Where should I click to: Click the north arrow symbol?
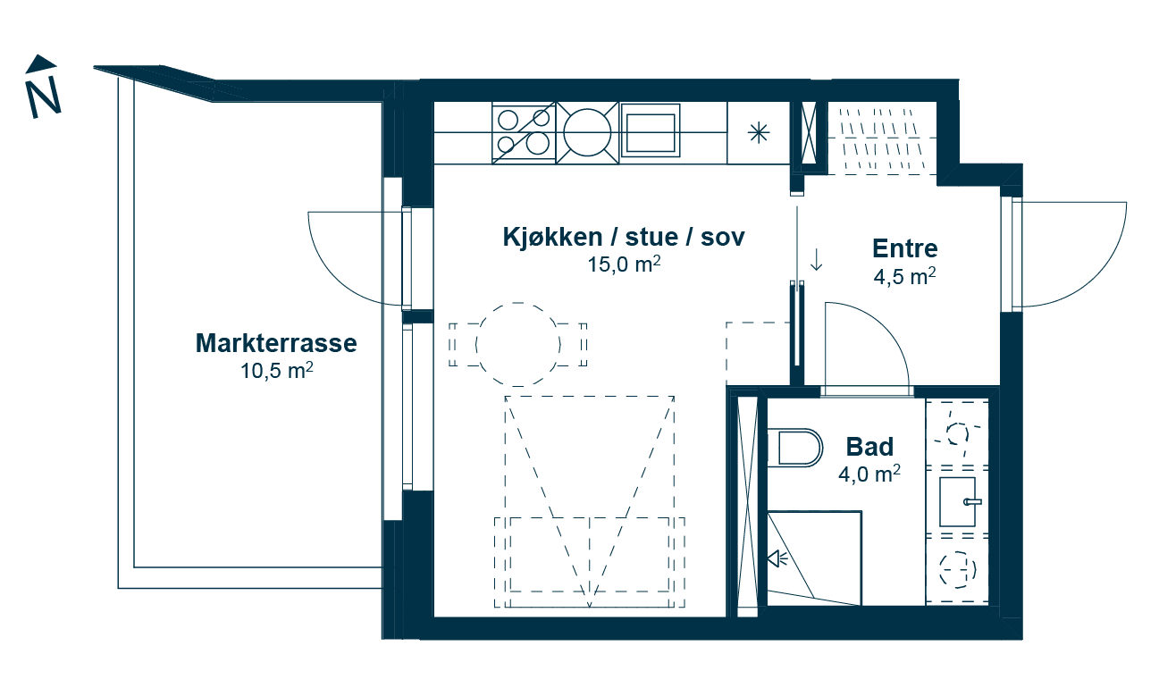coord(43,88)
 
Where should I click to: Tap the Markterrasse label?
coord(276,343)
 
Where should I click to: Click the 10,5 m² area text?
coord(276,370)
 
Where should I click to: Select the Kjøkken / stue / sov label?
coord(624,238)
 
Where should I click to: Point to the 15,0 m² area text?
coord(624,264)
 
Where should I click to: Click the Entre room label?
coord(904,248)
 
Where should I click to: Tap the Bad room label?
coord(869,446)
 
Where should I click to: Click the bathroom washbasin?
coord(959,501)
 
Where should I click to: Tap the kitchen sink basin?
coord(650,132)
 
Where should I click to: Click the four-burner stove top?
coord(524,132)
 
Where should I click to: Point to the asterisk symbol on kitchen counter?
coord(759,133)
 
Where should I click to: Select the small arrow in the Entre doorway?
coord(816,260)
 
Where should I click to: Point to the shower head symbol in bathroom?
coord(777,558)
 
